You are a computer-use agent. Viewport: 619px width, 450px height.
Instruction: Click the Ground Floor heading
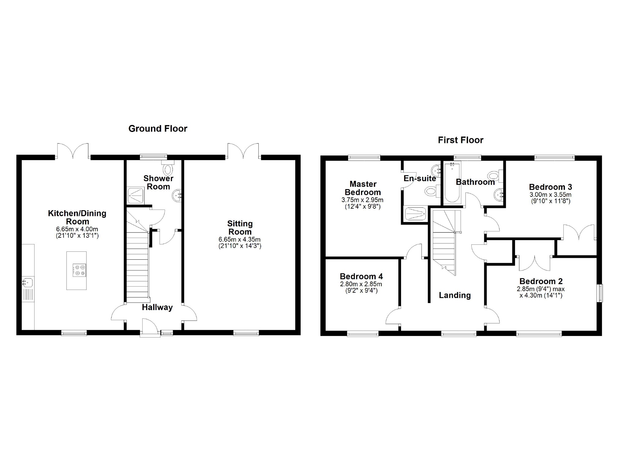[x=157, y=129]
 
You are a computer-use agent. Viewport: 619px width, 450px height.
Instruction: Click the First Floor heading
[x=460, y=140]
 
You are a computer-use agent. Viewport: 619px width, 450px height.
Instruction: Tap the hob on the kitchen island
[x=79, y=270]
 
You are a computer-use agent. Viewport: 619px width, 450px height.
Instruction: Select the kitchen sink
[x=28, y=282]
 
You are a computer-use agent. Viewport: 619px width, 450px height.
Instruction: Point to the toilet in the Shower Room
[x=168, y=168]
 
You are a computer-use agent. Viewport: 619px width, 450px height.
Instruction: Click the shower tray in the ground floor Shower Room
[x=135, y=196]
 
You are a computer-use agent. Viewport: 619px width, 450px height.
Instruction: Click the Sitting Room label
[x=240, y=228]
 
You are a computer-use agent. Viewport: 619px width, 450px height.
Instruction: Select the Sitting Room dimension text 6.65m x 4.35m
[x=240, y=240]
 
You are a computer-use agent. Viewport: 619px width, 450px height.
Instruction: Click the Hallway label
[x=157, y=307]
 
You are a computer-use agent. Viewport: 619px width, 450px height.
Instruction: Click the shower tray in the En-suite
[x=415, y=213]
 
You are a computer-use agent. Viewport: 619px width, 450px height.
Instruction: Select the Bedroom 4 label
[x=361, y=276]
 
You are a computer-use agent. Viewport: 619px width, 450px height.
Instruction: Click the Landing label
[x=455, y=295]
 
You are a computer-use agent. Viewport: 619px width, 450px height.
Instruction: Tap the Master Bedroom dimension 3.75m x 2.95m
[x=362, y=200]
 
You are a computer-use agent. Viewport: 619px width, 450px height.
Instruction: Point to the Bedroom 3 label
[x=550, y=187]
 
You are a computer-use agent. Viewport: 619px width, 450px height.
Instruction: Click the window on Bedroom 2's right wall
[x=600, y=293]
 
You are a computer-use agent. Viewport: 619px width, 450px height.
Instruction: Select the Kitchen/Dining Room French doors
[x=73, y=151]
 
